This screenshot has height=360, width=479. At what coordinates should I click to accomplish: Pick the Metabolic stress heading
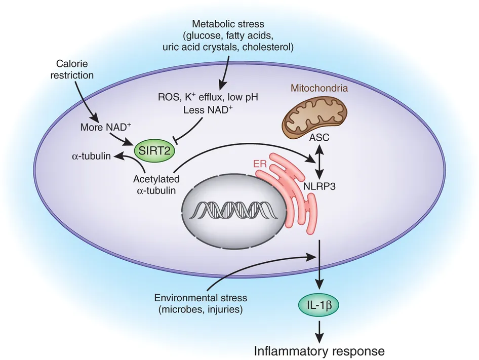point(228,24)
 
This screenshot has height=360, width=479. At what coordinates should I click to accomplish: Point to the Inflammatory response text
point(319,350)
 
